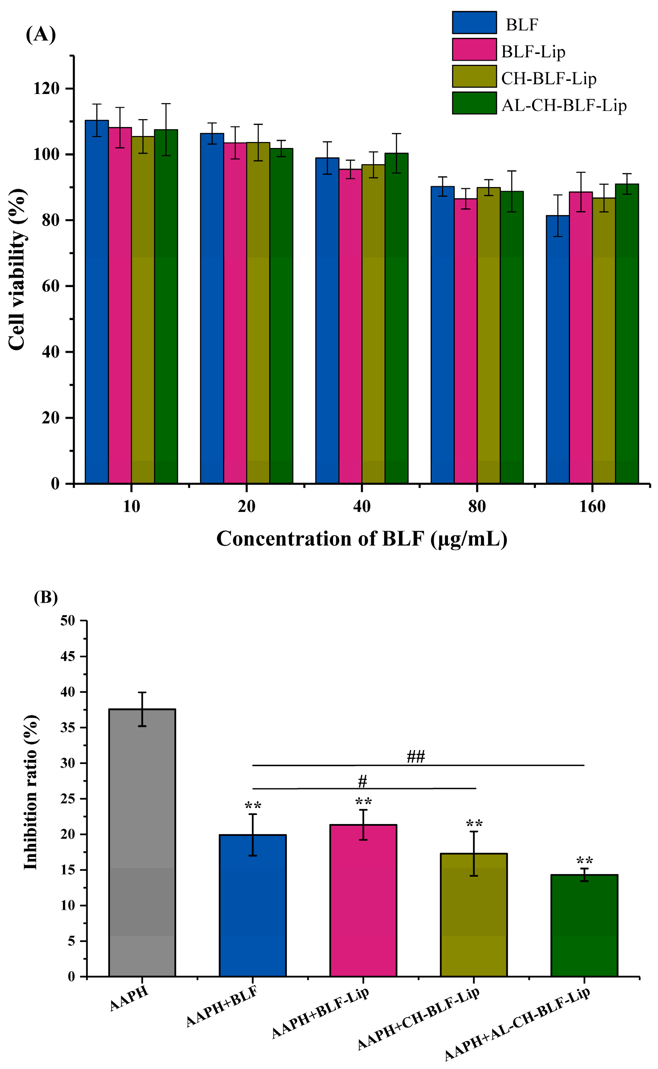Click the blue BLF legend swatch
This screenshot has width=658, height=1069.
pyautogui.click(x=474, y=22)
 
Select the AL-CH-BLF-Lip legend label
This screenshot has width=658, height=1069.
pyautogui.click(x=564, y=105)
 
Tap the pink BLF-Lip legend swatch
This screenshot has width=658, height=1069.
pyautogui.click(x=474, y=49)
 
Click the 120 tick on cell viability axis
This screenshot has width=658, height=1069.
pyautogui.click(x=46, y=89)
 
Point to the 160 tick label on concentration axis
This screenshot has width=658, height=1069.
pyautogui.click(x=592, y=506)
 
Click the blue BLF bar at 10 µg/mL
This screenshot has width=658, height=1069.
pyautogui.click(x=97, y=304)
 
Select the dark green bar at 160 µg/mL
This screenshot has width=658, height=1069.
pyautogui.click(x=627, y=335)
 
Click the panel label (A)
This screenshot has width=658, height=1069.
pyautogui.click(x=41, y=34)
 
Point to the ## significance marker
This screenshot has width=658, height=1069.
pyautogui.click(x=415, y=757)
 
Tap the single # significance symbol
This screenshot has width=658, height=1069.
pyautogui.click(x=363, y=782)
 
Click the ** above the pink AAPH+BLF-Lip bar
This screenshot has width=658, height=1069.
pyautogui.click(x=363, y=801)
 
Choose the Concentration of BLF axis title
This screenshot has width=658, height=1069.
pyautogui.click(x=362, y=539)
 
